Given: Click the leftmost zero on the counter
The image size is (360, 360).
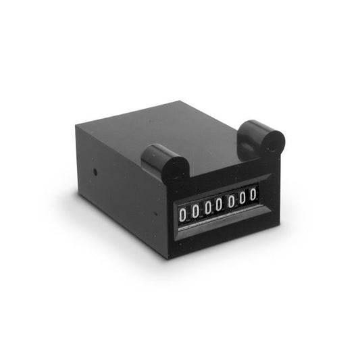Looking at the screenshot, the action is (182, 215).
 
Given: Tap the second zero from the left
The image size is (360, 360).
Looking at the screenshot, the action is (195, 211).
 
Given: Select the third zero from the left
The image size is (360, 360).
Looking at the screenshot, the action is (208, 209).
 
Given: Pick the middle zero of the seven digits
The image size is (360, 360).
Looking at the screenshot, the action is (219, 205).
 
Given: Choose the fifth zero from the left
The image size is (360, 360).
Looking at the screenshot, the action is (231, 202).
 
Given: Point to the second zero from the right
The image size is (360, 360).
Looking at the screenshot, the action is (242, 199).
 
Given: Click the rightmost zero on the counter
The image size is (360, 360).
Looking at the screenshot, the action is (253, 195).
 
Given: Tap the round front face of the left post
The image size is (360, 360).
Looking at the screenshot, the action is (176, 169).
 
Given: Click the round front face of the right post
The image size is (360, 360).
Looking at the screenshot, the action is (274, 142).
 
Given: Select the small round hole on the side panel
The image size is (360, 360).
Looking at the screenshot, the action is (95, 172).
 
